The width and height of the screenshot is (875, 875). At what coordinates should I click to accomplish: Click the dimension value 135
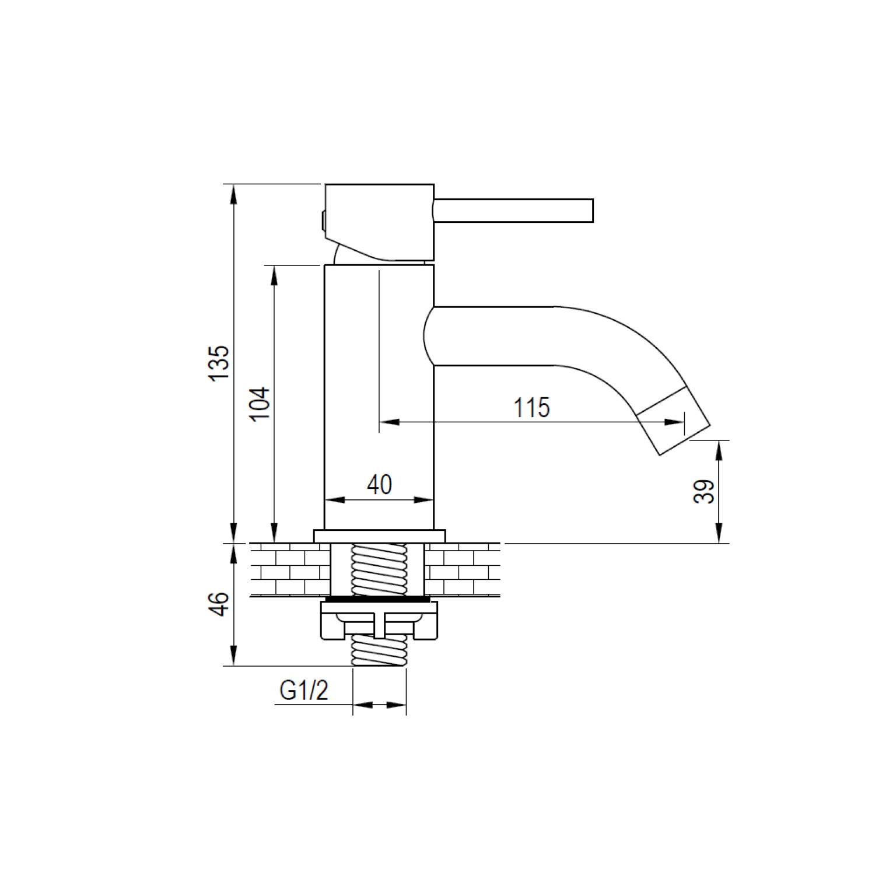pos(220,363)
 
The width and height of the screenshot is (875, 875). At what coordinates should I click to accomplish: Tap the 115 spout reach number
pos(531,408)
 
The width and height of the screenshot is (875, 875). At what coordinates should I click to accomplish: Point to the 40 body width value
pos(380,485)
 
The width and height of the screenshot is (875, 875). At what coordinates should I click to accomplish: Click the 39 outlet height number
pos(704,491)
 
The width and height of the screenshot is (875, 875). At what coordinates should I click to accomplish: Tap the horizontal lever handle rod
pos(513,211)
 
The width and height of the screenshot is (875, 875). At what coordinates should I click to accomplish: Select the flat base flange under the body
pos(379,536)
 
